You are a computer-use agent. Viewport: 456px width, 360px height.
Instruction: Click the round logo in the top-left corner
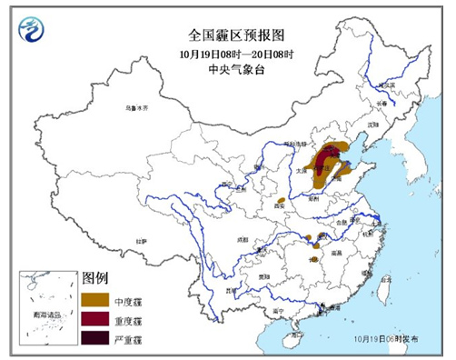[35, 34]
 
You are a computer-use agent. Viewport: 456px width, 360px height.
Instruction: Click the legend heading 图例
[95, 276]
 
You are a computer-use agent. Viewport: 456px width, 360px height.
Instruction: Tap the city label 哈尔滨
[388, 85]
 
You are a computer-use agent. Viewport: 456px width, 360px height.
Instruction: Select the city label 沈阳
[371, 127]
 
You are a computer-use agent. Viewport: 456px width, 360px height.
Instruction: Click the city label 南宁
[283, 310]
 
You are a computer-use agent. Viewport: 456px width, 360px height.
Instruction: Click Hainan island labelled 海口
[293, 339]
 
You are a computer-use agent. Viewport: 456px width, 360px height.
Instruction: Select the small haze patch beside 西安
[283, 200]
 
